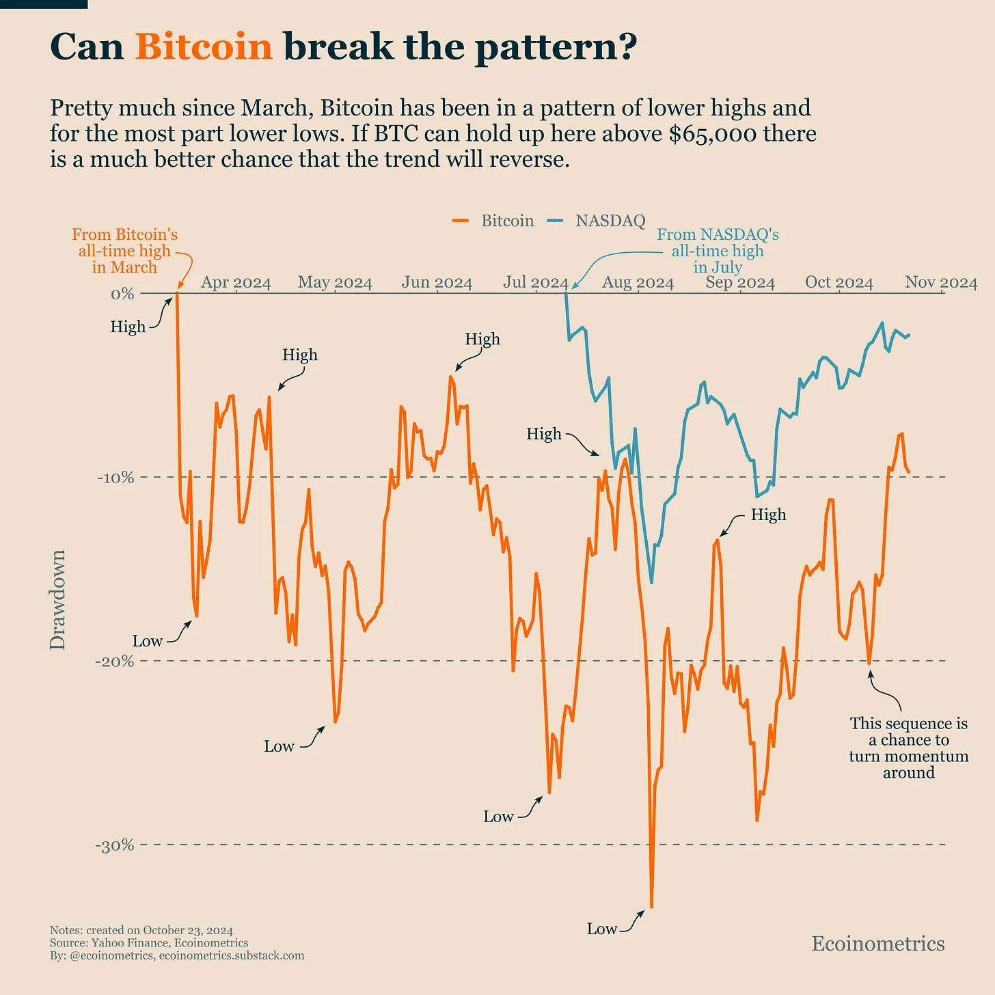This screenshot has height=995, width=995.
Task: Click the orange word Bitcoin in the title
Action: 204,48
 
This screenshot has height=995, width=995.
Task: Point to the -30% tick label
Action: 115,846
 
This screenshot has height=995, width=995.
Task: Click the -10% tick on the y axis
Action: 115,478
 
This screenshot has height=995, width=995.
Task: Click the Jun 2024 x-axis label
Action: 437,283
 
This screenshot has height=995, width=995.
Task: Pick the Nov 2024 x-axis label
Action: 941,283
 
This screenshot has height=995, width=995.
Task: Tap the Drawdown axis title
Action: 58,599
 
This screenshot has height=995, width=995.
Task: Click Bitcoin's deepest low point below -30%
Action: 651,907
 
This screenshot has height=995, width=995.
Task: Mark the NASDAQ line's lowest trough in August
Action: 651,582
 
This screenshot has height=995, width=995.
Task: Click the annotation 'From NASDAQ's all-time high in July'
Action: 717,251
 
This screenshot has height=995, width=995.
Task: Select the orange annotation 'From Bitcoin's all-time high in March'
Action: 124,251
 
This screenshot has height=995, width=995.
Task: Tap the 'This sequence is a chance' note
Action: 908,748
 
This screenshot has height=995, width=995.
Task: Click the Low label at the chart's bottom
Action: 601,929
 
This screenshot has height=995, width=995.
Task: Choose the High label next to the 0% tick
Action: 128,327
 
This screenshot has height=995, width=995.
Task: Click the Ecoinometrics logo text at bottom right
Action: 877,944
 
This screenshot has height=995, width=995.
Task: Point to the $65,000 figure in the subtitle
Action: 713,134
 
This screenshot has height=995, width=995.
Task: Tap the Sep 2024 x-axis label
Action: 740,283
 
